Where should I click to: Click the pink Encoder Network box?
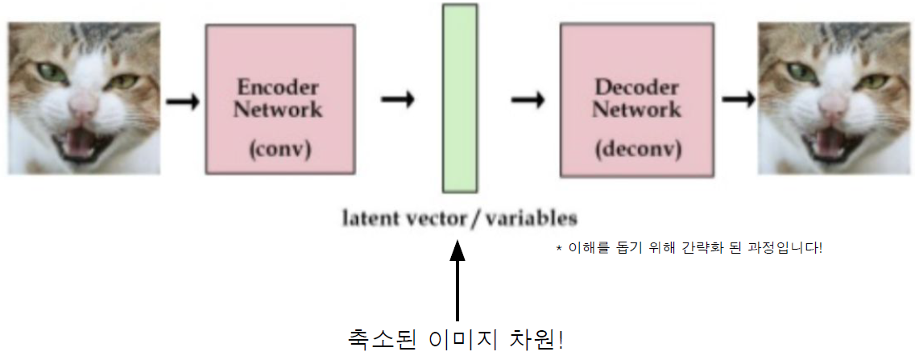[279, 98]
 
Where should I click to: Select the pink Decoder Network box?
[636, 100]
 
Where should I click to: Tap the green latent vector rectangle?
[459, 97]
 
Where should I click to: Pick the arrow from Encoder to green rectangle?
[397, 100]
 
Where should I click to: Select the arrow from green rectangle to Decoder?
[528, 100]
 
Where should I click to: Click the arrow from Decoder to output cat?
[738, 100]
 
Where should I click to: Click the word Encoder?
[278, 87]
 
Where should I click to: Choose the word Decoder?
[636, 87]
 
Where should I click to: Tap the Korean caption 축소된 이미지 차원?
[455, 338]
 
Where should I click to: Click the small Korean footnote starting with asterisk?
[689, 248]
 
